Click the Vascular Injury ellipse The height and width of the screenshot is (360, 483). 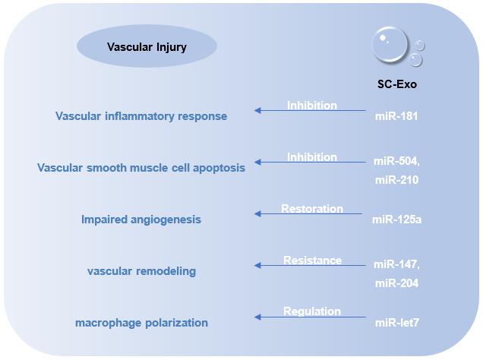(147, 47)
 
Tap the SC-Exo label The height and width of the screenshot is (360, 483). (396, 85)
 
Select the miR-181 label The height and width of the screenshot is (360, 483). (396, 116)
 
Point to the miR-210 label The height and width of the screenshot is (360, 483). (396, 180)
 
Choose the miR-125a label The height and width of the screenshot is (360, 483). (396, 219)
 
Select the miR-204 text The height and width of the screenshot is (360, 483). (396, 283)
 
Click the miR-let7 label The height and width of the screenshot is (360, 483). (396, 323)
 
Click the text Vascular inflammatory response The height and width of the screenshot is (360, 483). (141, 116)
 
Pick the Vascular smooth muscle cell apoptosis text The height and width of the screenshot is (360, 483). (141, 168)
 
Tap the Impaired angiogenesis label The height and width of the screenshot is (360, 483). (141, 219)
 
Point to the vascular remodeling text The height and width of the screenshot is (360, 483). (141, 271)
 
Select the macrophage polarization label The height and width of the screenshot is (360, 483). (141, 323)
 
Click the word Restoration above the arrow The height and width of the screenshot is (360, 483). (311, 209)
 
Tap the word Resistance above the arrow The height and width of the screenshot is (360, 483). (312, 261)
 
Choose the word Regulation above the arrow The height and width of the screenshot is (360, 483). (311, 311)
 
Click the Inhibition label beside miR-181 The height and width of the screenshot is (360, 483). (311, 106)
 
